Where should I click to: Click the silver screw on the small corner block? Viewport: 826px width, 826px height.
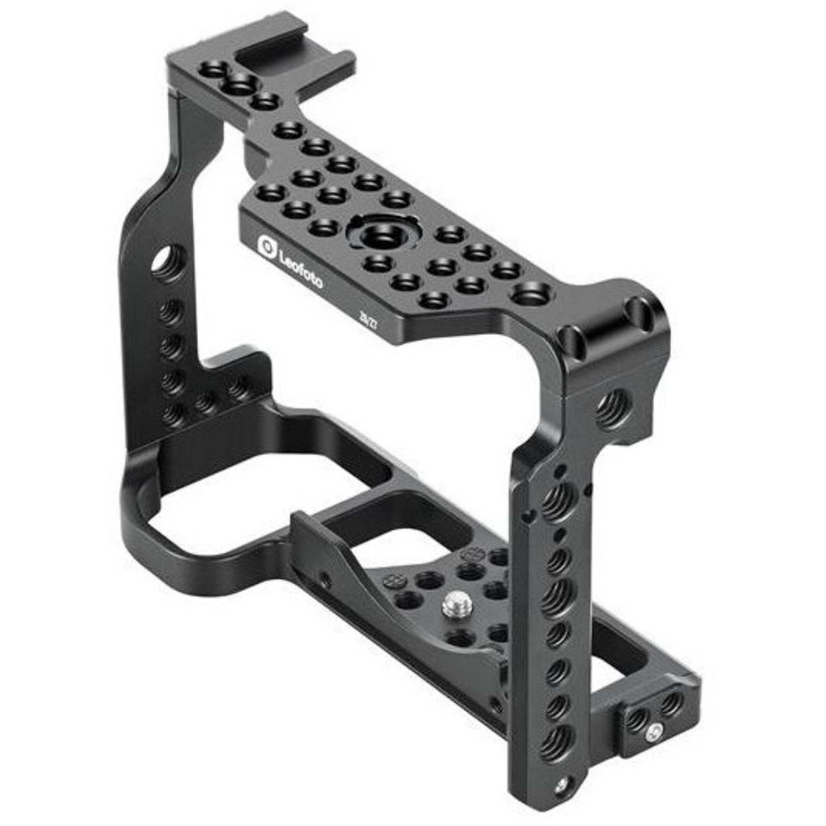[x=654, y=731]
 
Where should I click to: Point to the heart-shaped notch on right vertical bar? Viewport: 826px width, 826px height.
[x=529, y=517]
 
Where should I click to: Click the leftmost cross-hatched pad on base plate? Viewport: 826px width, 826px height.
[x=395, y=580]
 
